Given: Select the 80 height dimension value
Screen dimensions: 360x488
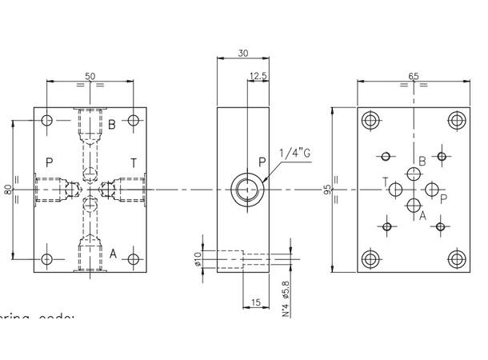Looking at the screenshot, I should click(x=7, y=190).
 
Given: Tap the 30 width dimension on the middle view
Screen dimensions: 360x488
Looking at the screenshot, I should click(x=242, y=54).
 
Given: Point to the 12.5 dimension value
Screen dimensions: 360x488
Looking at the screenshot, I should click(x=258, y=76).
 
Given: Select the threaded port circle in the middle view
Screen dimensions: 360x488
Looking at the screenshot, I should click(x=242, y=190).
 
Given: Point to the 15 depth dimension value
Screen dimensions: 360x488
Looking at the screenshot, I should click(x=255, y=302).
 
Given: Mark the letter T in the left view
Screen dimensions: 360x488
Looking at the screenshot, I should click(x=133, y=163).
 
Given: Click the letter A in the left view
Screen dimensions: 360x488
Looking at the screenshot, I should click(x=113, y=254).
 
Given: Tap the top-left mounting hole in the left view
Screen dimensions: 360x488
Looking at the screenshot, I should click(x=47, y=121).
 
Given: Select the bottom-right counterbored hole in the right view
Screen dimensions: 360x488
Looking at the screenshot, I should click(x=456, y=258).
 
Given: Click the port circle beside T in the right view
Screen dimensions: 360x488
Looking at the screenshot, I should click(x=396, y=189).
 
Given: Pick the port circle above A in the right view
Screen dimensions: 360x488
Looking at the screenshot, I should click(x=414, y=202).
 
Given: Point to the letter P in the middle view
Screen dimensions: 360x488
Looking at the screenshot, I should click(x=262, y=162).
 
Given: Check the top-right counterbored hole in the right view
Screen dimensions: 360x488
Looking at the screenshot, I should click(x=456, y=121).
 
